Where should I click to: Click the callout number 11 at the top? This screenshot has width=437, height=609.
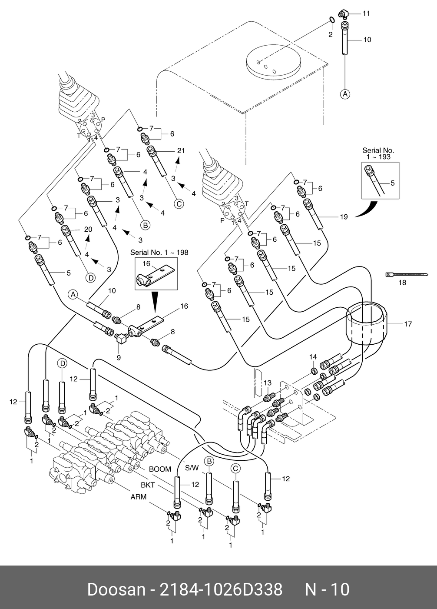pos(366,13)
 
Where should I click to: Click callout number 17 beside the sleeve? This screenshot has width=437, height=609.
pos(408,324)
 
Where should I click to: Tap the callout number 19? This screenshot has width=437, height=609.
pos(344,217)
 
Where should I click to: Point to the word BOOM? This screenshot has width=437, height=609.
pos(160,469)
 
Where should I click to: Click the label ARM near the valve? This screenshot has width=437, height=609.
pos(138,497)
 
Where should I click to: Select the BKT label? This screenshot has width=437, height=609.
pos(148,484)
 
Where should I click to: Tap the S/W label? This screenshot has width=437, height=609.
pos(192,468)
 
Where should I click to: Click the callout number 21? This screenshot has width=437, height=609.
pos(181,151)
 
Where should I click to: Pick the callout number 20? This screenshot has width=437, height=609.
pos(88,230)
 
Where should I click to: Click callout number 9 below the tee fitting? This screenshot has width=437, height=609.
pos(119,358)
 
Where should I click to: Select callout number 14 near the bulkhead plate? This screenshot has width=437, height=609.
pos(313,357)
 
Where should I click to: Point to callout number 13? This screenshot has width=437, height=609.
pos(268,383)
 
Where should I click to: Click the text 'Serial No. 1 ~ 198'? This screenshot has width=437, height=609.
pos(159,253)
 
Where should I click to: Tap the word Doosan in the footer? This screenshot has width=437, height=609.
pos(116,590)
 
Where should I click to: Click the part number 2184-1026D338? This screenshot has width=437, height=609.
pos(222,590)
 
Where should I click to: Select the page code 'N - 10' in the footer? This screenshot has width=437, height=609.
pos(327,590)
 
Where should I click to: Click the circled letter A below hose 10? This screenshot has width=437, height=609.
pos(344,93)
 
